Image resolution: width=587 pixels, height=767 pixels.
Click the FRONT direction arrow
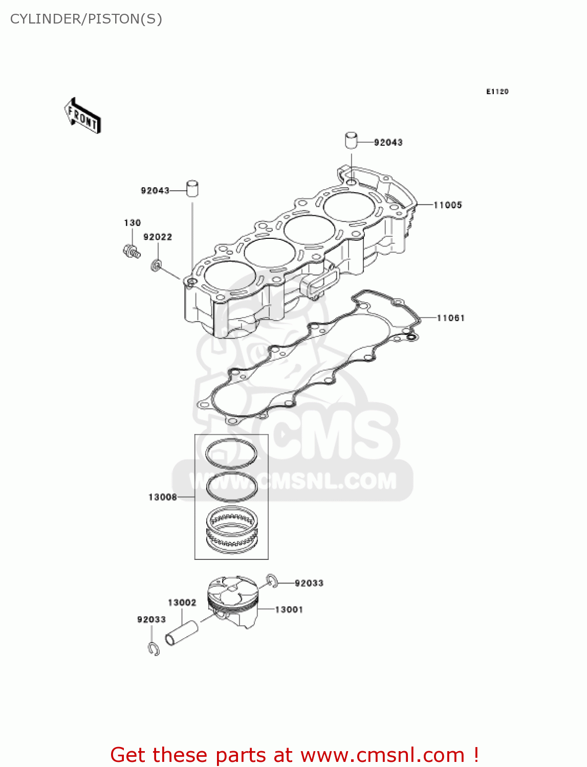coord(82,116)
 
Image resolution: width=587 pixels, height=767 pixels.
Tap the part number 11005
coord(448,205)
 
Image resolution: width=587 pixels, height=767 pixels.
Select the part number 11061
coord(450,318)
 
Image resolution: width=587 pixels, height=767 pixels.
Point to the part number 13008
coord(162,497)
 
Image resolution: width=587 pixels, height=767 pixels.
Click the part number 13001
coord(289,610)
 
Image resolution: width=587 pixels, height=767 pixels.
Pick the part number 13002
coord(182,602)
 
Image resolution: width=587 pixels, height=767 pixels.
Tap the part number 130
coord(132,223)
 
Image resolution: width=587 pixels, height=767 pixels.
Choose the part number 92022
coord(158,237)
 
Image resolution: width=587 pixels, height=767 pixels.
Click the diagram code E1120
coord(497,92)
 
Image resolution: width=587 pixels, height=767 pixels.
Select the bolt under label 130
coord(132,251)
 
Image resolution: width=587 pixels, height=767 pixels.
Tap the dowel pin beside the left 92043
coord(192,188)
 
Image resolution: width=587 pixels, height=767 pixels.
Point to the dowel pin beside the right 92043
coord(351,140)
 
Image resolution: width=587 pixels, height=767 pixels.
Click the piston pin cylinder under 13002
coord(181,633)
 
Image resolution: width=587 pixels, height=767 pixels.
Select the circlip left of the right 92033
coord(272,581)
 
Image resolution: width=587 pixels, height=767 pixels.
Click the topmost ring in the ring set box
coord(231,453)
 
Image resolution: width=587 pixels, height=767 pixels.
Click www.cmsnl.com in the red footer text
coord(382,755)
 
